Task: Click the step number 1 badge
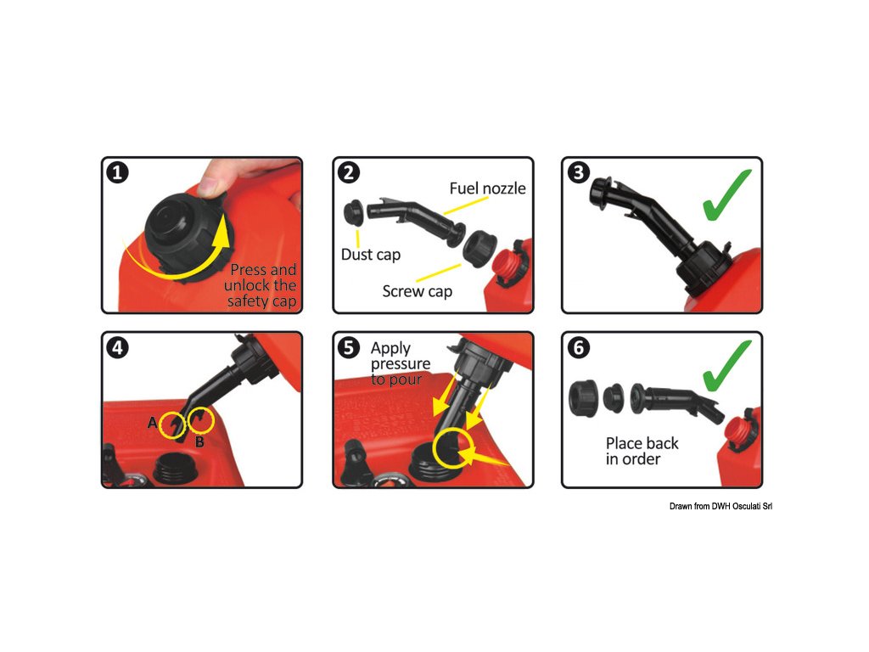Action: (x=117, y=172)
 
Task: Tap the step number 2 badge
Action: (x=349, y=172)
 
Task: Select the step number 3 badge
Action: (x=579, y=172)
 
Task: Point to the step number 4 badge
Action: (x=117, y=347)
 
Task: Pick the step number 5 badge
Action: (x=349, y=347)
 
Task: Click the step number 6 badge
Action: (x=579, y=347)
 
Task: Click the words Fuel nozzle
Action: (x=487, y=188)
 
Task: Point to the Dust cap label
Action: (x=371, y=255)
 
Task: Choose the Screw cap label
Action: (x=418, y=292)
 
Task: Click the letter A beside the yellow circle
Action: (x=153, y=423)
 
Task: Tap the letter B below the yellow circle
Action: (x=199, y=441)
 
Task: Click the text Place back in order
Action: (x=642, y=451)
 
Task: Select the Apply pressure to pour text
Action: (x=401, y=363)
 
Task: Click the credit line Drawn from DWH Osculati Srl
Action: (x=720, y=506)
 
